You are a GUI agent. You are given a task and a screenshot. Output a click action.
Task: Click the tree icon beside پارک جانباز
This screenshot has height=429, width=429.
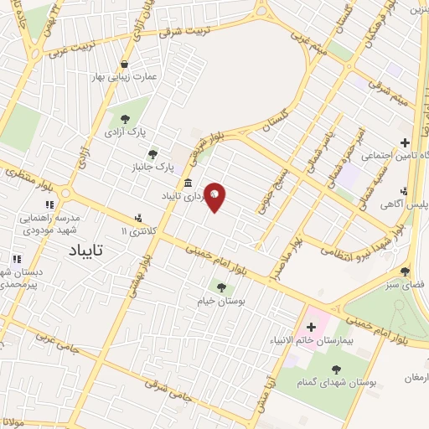(x=152, y=153)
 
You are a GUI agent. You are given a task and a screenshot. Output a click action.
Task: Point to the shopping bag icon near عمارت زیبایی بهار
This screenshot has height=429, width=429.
(x=125, y=64)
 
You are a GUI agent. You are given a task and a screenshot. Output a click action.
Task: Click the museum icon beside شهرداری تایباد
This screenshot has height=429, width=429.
(x=186, y=183)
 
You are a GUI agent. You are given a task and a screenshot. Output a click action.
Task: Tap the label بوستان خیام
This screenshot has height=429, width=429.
(x=221, y=300)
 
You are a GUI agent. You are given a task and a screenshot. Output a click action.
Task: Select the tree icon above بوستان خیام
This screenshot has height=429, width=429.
(x=221, y=287)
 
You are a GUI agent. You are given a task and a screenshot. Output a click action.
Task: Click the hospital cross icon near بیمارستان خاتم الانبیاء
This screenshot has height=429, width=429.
(x=311, y=325)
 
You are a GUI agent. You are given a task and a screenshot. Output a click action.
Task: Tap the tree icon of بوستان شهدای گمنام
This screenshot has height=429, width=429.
(x=336, y=369)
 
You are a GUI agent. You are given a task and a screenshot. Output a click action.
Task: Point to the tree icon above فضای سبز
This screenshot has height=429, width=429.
(x=405, y=271)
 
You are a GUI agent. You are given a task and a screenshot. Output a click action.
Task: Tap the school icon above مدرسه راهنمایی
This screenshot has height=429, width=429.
(x=49, y=204)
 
